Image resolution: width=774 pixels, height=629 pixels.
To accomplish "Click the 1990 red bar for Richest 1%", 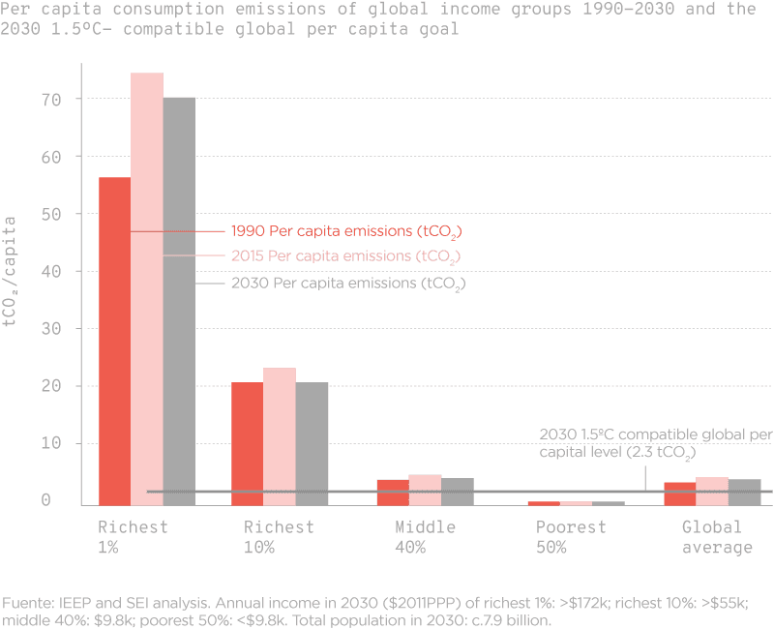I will pos(114,339).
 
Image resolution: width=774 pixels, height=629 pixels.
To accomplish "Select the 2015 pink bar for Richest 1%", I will pos(147,290).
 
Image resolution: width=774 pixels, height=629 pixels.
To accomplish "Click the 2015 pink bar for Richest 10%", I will pos(280,435).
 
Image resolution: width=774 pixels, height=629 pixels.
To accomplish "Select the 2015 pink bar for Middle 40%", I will pos(424,490).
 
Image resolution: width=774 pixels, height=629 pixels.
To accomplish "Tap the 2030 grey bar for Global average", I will pos(745,492).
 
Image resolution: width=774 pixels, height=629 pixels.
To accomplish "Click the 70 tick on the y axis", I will pos(51,99).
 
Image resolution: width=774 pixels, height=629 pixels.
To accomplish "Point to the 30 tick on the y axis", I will pos(51,329).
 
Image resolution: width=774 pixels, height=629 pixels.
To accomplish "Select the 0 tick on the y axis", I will pos(45,501).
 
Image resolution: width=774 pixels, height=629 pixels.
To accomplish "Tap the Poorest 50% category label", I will pos(571,537).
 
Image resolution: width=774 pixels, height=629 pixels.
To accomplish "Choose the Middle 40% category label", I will pos(425,537).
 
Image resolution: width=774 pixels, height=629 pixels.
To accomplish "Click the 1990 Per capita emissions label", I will pos(344,232).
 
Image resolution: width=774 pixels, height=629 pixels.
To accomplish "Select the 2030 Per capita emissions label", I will pos(344,285).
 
